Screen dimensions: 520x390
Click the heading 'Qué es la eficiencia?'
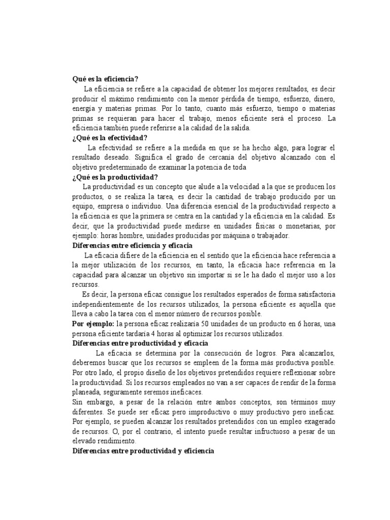[105, 79]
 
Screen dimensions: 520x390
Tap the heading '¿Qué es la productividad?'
[115, 177]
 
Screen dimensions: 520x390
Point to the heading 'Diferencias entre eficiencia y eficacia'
[135, 245]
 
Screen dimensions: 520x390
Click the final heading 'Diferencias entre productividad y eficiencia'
[144, 450]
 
